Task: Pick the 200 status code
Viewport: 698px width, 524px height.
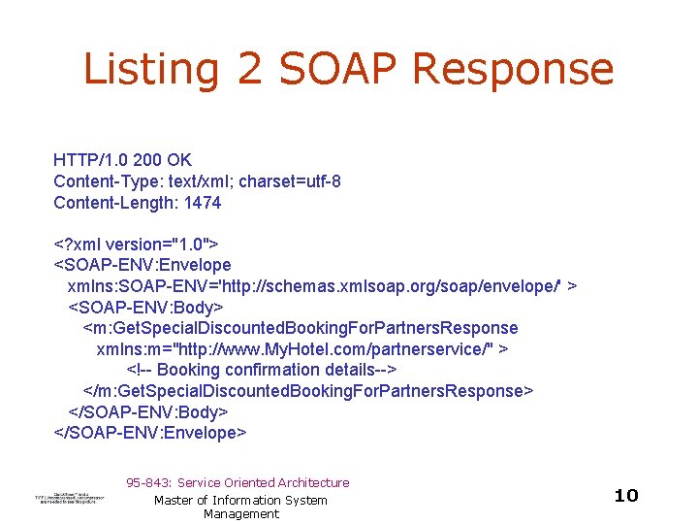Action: coord(145,160)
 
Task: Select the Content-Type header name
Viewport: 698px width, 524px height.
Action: coord(109,181)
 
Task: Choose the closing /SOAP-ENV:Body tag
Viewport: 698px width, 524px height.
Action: coord(148,411)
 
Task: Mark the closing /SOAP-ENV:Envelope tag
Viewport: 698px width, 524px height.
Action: coord(150,433)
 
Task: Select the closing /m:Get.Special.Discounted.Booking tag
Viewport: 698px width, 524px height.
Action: coord(307,390)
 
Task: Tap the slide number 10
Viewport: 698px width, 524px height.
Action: coord(626,496)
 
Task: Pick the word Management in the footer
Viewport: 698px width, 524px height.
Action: coord(240,514)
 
